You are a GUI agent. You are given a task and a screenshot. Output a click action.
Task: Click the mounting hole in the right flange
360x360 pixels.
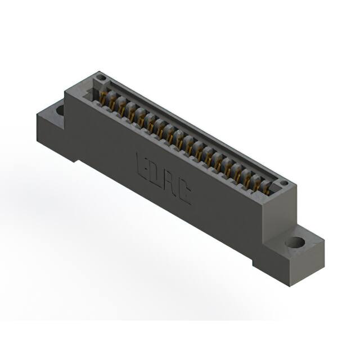coord(294,243)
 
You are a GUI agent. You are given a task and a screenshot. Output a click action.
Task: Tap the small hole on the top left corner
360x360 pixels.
coord(101,77)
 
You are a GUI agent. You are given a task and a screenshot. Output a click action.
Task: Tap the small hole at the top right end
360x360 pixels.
coord(283,183)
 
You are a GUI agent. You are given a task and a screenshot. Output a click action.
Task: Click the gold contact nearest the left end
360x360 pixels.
coord(103,100)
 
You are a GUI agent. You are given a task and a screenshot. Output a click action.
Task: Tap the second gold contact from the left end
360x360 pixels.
coord(112,105)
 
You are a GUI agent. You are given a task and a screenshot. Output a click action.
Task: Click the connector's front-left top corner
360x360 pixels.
coord(65,92)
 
